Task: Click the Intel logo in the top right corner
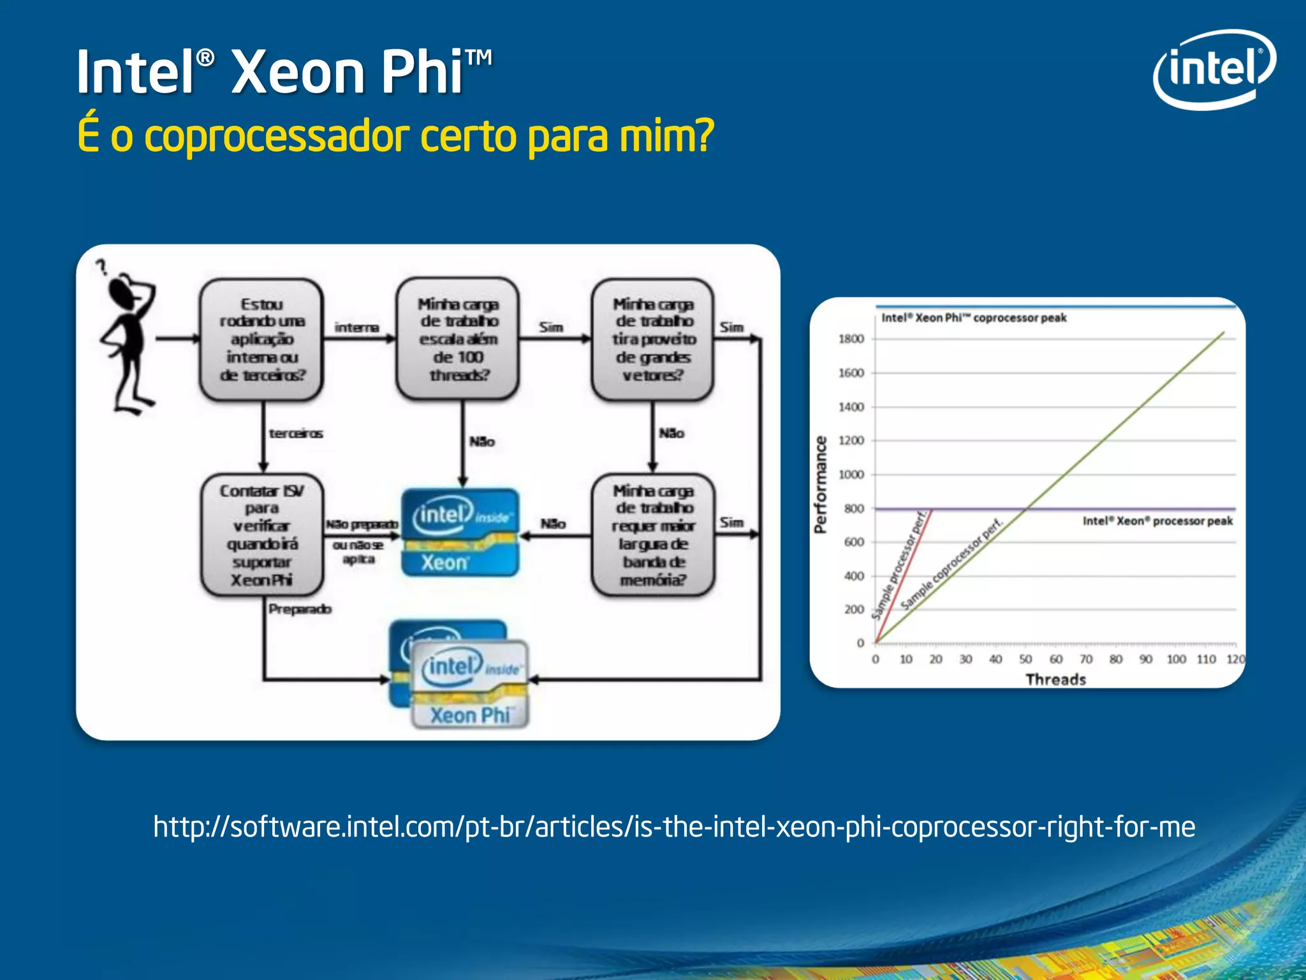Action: (x=1214, y=69)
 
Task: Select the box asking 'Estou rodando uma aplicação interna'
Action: (x=261, y=339)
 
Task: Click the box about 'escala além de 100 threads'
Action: (x=458, y=339)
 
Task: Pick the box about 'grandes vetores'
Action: (x=653, y=339)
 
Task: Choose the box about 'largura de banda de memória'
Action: (x=653, y=535)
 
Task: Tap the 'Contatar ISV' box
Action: (x=261, y=535)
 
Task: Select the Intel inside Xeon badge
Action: (x=460, y=533)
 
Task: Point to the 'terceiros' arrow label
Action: (x=296, y=434)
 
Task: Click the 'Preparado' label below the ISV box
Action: (x=300, y=609)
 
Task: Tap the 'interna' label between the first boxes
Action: (x=356, y=327)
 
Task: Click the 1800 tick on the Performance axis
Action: (x=851, y=339)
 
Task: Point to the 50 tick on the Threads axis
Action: (x=1025, y=659)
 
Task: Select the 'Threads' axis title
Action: (x=1055, y=679)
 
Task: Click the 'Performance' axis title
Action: (x=821, y=484)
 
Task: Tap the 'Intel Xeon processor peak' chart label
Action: (x=1157, y=521)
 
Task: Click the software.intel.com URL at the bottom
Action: (x=674, y=827)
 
